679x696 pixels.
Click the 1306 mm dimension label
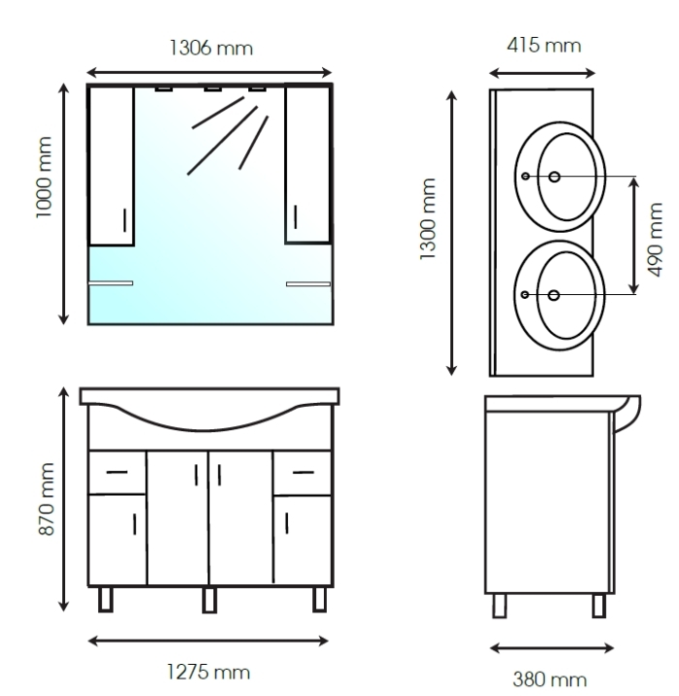click(211, 48)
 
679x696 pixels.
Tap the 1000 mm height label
click(45, 178)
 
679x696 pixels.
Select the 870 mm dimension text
click(47, 499)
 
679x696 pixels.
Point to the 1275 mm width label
click(209, 672)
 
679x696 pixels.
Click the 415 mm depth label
click(544, 46)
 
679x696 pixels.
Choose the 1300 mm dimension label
click(428, 218)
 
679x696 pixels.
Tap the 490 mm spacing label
click(655, 240)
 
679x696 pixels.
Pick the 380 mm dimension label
click(549, 679)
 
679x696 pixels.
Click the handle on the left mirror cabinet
click(124, 220)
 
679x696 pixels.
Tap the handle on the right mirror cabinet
click(296, 217)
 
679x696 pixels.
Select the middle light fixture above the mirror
click(212, 89)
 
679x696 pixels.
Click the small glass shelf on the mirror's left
click(111, 282)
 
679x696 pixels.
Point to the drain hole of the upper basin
click(555, 177)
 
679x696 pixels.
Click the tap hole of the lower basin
click(525, 295)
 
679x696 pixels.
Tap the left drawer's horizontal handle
click(117, 472)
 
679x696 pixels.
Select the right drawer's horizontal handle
click(304, 473)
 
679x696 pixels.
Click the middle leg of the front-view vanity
click(210, 600)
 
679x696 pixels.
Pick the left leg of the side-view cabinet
click(500, 606)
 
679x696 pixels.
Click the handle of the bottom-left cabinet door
click(135, 524)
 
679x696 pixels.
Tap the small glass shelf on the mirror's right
click(308, 283)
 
